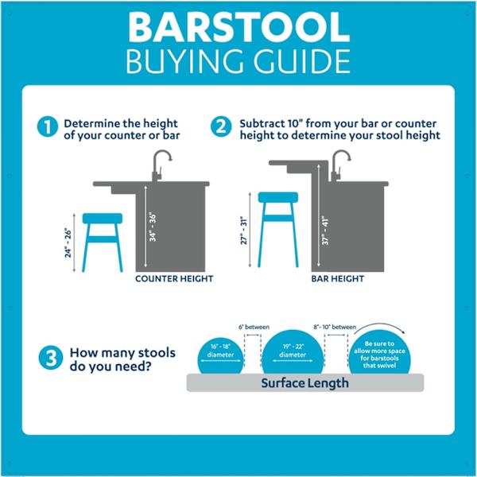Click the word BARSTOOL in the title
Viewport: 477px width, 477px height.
[x=239, y=27]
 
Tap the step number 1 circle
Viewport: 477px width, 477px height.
[x=48, y=126]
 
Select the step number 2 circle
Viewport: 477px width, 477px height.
[x=221, y=126]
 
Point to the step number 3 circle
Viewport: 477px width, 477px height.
[x=51, y=358]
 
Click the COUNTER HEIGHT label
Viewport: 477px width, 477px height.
[x=174, y=279]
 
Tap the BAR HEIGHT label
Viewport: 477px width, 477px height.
[x=338, y=279]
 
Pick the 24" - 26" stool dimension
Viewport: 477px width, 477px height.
[x=68, y=243]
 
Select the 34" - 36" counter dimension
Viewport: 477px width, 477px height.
[x=153, y=227]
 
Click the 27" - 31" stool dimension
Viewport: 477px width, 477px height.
[x=244, y=231]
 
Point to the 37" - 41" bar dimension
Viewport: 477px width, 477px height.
[x=325, y=231]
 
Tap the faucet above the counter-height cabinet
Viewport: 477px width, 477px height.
[x=161, y=165]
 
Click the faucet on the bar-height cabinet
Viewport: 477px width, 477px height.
[x=339, y=165]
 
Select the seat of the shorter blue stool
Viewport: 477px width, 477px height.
[x=103, y=219]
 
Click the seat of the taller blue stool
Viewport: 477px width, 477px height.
[x=278, y=197]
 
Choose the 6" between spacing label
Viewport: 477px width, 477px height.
[x=254, y=327]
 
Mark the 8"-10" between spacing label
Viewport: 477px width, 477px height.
[x=335, y=327]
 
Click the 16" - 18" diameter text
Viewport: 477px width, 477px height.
[x=220, y=351]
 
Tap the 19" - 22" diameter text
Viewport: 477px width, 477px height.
[x=293, y=351]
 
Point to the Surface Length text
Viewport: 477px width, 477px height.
[x=304, y=383]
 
